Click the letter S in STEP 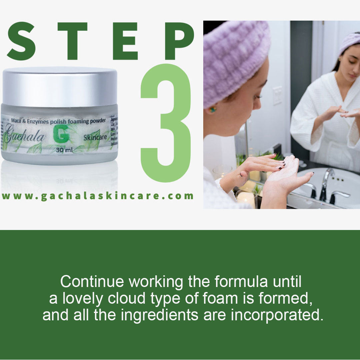pos(21,41)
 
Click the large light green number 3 pos(166,123)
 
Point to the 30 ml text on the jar pos(64,150)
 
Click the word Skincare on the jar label pos(95,137)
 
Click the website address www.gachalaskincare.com pos(97,196)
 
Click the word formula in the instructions pos(241,282)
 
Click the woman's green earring pos(212,109)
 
